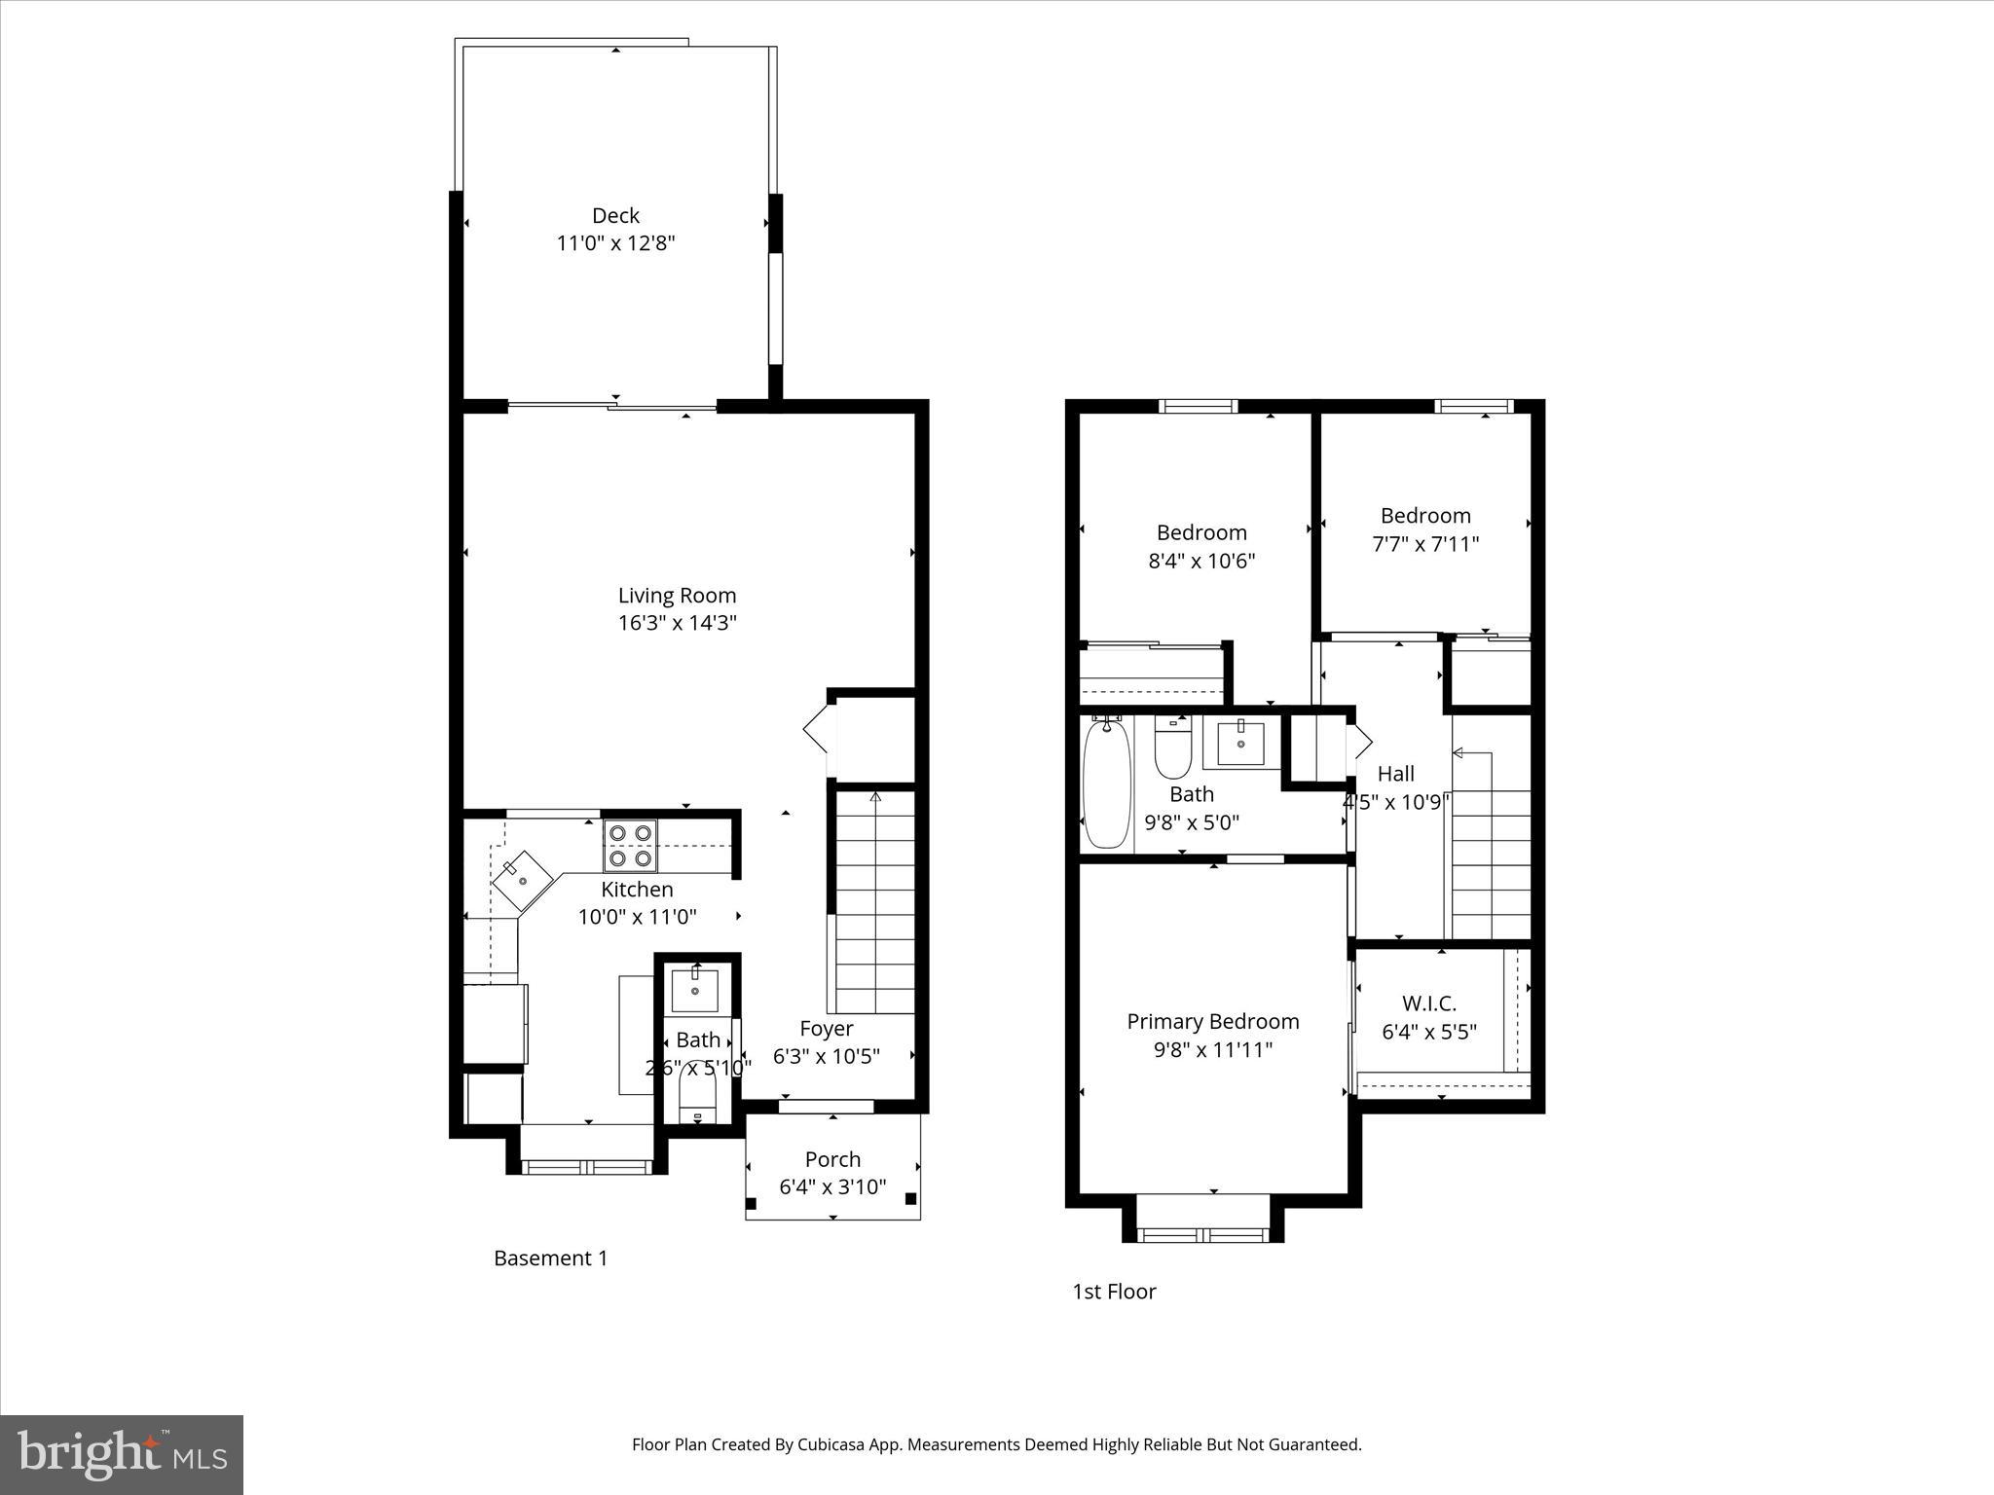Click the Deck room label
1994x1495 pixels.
coord(615,215)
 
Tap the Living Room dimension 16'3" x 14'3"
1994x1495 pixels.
coord(677,623)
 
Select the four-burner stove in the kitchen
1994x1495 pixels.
coord(630,845)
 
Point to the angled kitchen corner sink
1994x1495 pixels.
coord(523,881)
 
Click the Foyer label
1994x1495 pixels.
coord(826,1029)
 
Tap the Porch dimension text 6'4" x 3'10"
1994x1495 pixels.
coord(832,1186)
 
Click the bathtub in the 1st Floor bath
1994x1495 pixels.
coord(1107,784)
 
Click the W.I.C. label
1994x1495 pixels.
coord(1428,1003)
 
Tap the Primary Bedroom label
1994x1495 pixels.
coord(1212,1021)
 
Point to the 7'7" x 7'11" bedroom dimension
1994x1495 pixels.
coord(1425,544)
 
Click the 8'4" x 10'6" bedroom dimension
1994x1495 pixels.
coord(1201,561)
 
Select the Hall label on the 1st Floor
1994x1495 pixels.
coord(1395,774)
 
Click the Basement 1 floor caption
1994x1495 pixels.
coord(550,1258)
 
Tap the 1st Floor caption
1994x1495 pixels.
coord(1114,1292)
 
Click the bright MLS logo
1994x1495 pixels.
coord(122,1454)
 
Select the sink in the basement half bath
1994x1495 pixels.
coord(695,990)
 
